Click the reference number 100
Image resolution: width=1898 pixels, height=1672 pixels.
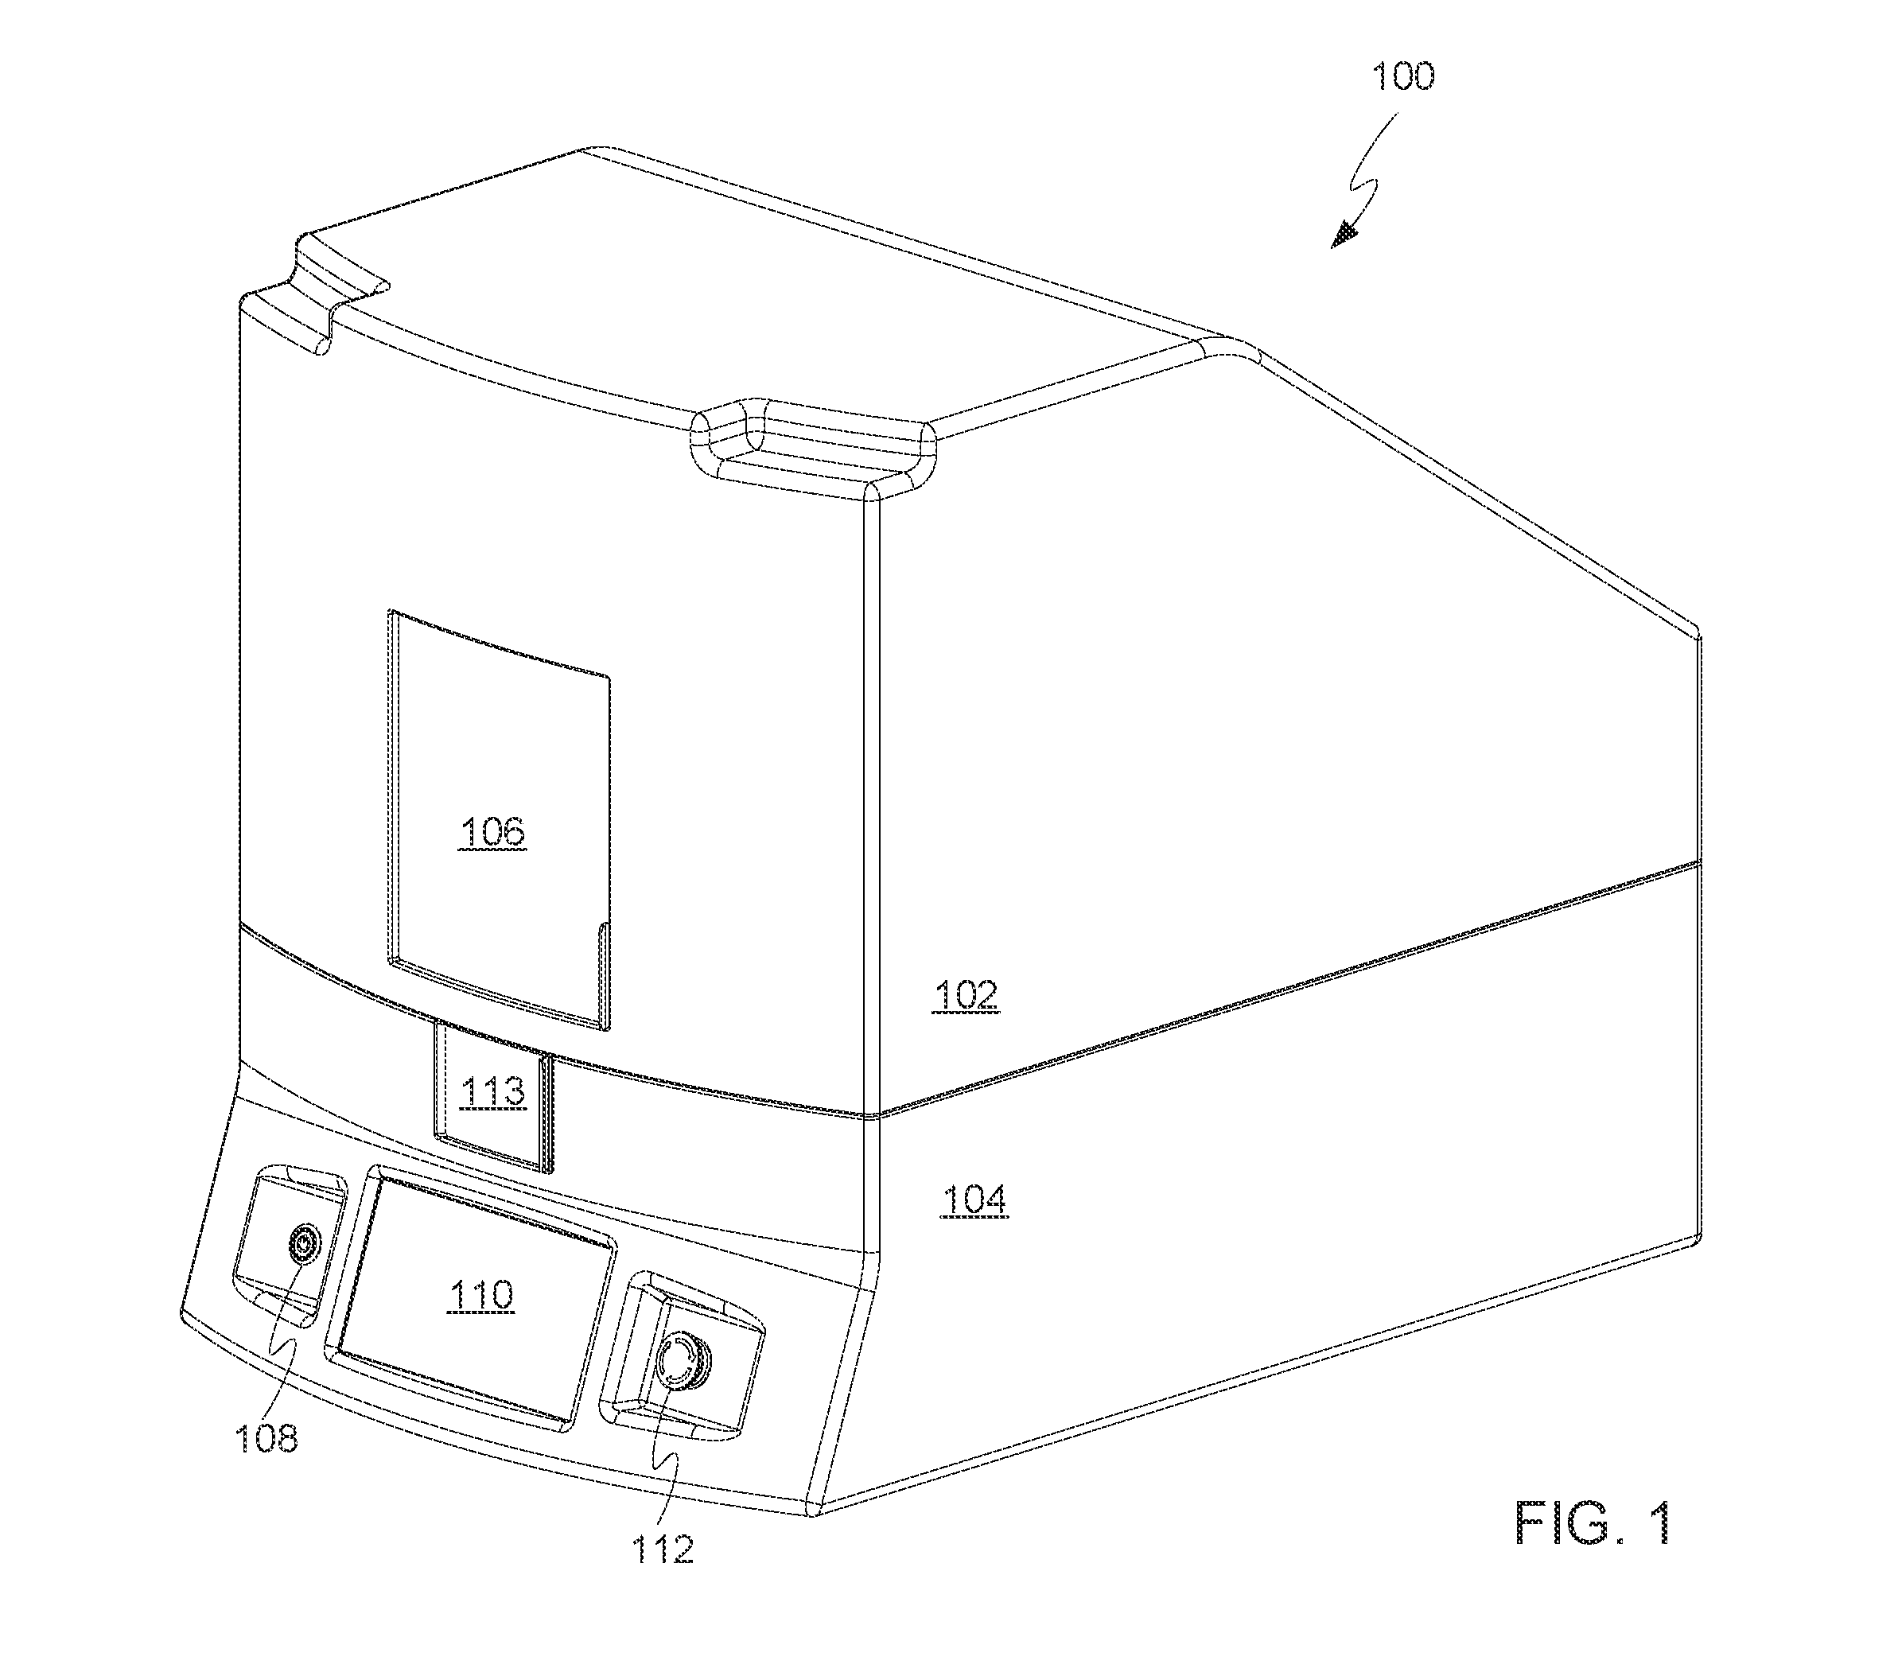pos(1403,76)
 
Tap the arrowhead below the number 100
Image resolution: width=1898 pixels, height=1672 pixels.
pos(1344,235)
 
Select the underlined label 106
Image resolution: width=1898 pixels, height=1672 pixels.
pos(492,831)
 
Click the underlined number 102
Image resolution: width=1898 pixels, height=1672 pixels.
pos(966,995)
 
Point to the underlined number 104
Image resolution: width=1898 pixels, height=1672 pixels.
pos(974,1200)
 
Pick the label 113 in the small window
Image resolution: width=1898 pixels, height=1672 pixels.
pos(493,1092)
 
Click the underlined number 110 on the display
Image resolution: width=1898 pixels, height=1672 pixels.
pos(480,1295)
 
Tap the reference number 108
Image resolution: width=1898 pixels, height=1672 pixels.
pos(266,1439)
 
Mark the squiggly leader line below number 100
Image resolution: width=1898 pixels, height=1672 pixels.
pos(1371,177)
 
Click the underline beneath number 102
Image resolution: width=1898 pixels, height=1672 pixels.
pos(966,1013)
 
